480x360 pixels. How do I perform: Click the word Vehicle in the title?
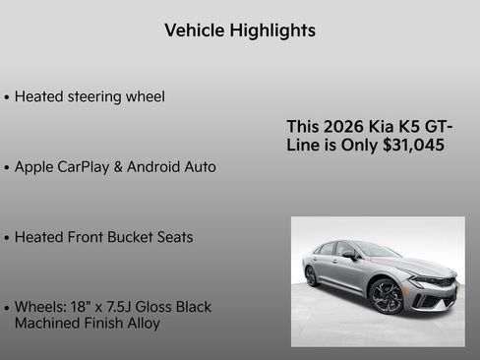tap(195, 30)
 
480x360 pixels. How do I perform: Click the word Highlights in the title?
tap(272, 30)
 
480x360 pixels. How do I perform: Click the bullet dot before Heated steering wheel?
tap(8, 97)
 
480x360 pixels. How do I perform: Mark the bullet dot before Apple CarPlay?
tap(8, 168)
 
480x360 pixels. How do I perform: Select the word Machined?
tap(48, 323)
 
